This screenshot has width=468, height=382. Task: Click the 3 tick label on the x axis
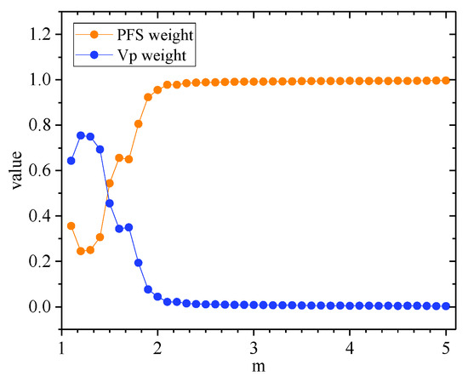[254, 350]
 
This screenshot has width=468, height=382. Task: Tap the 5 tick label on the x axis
[447, 350]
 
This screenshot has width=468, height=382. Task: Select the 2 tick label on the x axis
[157, 350]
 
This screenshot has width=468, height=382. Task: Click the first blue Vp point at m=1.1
[71, 160]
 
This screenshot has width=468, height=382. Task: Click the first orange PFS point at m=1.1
[71, 225]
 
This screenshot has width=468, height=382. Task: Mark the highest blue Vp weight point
[81, 135]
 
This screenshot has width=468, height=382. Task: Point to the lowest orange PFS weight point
[81, 251]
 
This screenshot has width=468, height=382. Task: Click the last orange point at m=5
[447, 80]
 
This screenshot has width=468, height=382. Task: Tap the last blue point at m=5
[447, 305]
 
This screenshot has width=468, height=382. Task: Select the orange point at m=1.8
[139, 123]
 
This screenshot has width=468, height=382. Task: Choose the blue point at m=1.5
[110, 202]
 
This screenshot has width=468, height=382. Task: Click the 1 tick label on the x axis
[62, 350]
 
